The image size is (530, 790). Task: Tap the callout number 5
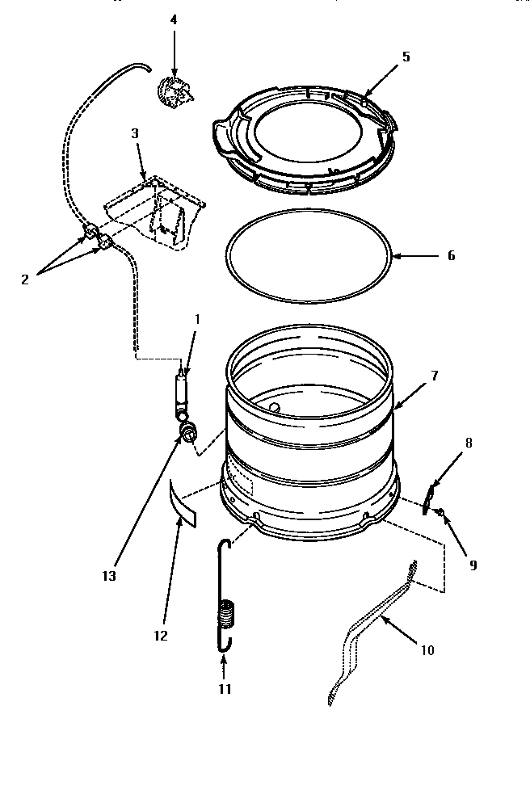(x=406, y=57)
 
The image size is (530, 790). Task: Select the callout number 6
(x=451, y=256)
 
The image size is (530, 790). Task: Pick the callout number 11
(x=225, y=688)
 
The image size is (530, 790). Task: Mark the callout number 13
(x=109, y=576)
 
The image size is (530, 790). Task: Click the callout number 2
(x=24, y=279)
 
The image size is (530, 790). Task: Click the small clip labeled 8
(x=431, y=497)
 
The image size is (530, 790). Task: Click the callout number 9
(x=473, y=565)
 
